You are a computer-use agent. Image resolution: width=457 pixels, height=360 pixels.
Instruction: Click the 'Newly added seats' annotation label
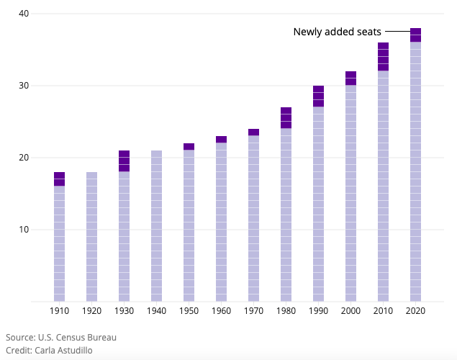pyautogui.click(x=337, y=32)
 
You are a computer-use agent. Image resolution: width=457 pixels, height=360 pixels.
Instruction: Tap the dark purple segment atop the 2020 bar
pyautogui.click(x=415, y=35)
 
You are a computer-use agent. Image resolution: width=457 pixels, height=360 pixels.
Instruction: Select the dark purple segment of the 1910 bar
pyautogui.click(x=59, y=179)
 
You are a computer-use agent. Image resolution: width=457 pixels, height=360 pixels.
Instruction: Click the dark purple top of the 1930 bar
pyautogui.click(x=124, y=161)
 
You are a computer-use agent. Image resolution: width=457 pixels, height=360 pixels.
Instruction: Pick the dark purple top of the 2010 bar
pyautogui.click(x=383, y=57)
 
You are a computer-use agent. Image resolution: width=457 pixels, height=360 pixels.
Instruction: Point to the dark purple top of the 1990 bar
pyautogui.click(x=318, y=96)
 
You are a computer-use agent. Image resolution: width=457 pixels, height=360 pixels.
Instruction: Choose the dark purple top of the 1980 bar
pyautogui.click(x=286, y=118)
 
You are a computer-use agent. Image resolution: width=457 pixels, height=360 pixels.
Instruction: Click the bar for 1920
pyautogui.click(x=91, y=237)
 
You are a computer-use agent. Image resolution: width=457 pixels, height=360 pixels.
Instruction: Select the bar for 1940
pyautogui.click(x=156, y=226)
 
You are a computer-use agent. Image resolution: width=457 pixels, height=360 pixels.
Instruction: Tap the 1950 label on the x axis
pyautogui.click(x=189, y=311)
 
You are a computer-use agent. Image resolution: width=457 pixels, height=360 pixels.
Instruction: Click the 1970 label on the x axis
pyautogui.click(x=253, y=311)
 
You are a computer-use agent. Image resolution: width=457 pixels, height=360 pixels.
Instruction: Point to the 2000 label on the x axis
pyautogui.click(x=350, y=311)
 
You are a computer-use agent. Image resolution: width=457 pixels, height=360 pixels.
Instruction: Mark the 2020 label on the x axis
pyautogui.click(x=415, y=311)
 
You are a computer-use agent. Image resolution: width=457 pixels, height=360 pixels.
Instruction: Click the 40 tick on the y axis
pyautogui.click(x=24, y=14)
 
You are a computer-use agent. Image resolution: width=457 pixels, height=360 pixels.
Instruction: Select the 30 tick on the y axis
pyautogui.click(x=24, y=86)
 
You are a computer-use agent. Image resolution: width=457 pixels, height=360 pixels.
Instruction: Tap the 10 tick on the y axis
pyautogui.click(x=24, y=230)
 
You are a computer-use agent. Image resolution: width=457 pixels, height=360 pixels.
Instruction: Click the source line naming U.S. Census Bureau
pyautogui.click(x=61, y=337)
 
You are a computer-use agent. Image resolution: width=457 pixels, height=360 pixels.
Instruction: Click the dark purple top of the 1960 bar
pyautogui.click(x=221, y=140)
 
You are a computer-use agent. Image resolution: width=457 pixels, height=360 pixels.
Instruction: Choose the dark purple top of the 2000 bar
pyautogui.click(x=350, y=78)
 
